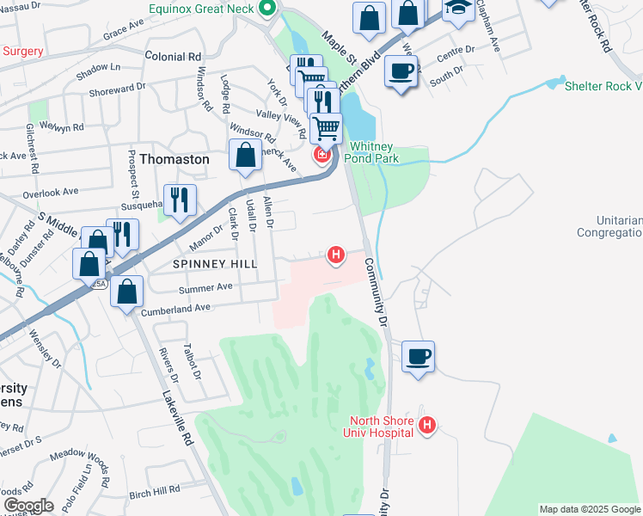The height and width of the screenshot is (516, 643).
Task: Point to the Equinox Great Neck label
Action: pyautogui.click(x=202, y=9)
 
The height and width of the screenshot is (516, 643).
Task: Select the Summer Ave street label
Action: pyautogui.click(x=205, y=286)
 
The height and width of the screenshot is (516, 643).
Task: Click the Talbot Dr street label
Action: pyautogui.click(x=191, y=362)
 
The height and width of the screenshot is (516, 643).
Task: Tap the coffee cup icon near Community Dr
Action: pyautogui.click(x=418, y=357)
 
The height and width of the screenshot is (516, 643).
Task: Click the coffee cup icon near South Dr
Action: pyautogui.click(x=401, y=70)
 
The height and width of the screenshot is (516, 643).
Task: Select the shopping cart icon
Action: pyautogui.click(x=326, y=129)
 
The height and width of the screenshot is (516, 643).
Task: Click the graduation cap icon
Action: pyautogui.click(x=457, y=9)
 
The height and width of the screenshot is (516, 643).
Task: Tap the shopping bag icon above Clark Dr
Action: pyautogui.click(x=246, y=155)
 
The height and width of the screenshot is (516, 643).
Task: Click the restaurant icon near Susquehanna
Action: pyautogui.click(x=180, y=200)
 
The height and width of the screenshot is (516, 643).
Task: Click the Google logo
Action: pyautogui.click(x=28, y=506)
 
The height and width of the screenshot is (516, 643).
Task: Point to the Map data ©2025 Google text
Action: pyautogui.click(x=589, y=509)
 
